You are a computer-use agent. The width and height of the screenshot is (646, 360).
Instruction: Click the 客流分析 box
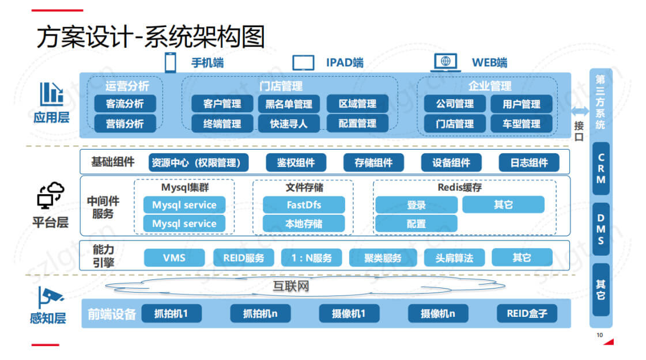[x=125, y=104]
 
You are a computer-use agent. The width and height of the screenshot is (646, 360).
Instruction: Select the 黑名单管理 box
[x=289, y=104]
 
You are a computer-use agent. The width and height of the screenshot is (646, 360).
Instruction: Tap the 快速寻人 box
[x=289, y=123]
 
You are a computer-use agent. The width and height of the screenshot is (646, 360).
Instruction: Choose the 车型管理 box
[x=521, y=123]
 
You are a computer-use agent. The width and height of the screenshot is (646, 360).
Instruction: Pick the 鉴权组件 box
[x=296, y=162]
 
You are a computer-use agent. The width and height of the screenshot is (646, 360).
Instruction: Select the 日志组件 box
[x=529, y=162]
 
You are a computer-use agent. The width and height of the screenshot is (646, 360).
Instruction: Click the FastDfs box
[x=304, y=204]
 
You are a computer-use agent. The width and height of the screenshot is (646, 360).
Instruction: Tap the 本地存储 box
[x=304, y=223]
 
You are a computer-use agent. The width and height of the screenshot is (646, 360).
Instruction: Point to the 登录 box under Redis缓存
[x=416, y=204]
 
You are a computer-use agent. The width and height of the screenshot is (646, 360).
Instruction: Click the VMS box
[x=174, y=257]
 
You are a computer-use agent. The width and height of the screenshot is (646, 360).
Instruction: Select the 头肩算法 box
[x=454, y=257]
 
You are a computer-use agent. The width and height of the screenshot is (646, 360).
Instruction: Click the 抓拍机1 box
[x=171, y=313]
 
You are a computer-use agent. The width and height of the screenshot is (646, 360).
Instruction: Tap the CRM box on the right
[x=601, y=168]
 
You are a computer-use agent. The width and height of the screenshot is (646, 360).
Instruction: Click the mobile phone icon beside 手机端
[x=171, y=62]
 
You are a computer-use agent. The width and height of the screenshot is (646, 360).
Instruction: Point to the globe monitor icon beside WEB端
[x=445, y=62]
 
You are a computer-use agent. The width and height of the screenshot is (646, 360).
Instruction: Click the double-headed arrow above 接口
[x=580, y=112]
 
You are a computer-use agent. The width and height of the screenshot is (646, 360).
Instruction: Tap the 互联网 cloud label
[x=292, y=286]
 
